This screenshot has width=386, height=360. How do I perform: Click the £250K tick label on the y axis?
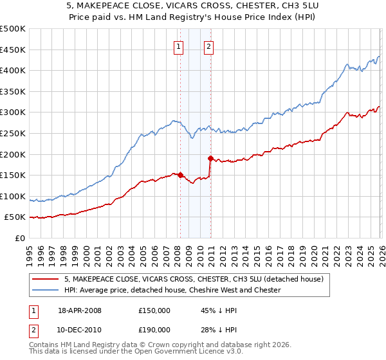click(13, 133)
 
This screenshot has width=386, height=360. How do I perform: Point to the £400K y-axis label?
click(13, 71)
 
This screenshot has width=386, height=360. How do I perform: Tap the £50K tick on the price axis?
click(15, 217)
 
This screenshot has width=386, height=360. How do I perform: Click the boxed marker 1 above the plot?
click(178, 46)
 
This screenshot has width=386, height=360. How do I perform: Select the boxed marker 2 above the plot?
click(210, 46)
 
